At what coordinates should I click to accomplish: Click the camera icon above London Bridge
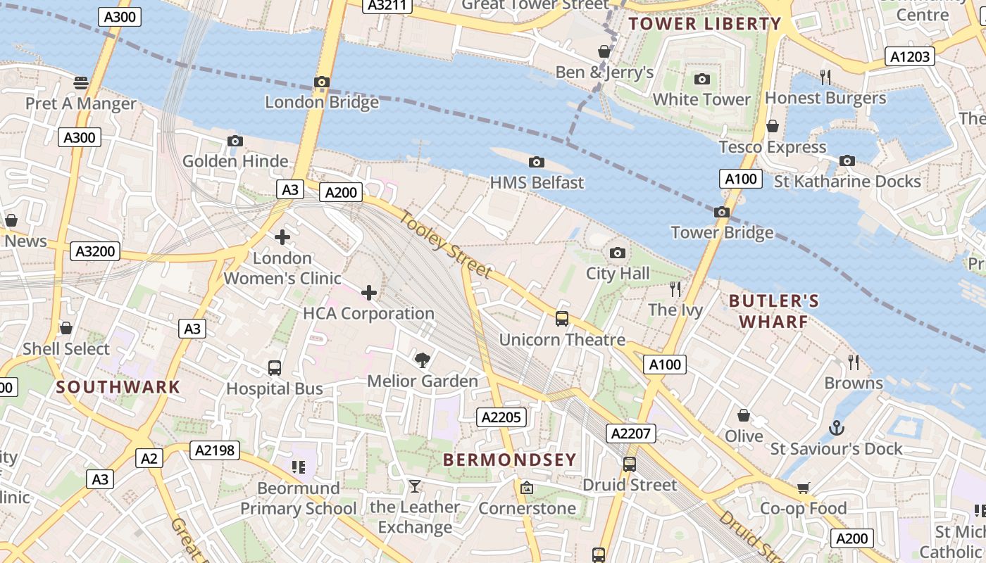[x=322, y=82]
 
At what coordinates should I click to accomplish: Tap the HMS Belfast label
[x=537, y=182]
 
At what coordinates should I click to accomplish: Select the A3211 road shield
[x=387, y=6]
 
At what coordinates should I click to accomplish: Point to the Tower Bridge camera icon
[x=721, y=212]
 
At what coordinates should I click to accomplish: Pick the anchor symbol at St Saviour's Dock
[x=836, y=427]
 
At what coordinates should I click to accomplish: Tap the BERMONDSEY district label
[x=509, y=460]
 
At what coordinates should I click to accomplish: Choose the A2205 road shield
[x=501, y=417]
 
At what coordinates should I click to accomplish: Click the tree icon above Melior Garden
[x=422, y=360]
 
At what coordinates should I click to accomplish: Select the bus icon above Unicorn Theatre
[x=561, y=319]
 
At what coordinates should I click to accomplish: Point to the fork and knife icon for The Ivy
[x=675, y=289]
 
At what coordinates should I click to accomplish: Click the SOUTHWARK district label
[x=118, y=386]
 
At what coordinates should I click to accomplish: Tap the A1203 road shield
[x=910, y=56]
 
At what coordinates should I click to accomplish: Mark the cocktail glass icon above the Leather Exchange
[x=414, y=486]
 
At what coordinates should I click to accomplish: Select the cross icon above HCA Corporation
[x=368, y=293]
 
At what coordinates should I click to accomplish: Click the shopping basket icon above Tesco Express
[x=772, y=126]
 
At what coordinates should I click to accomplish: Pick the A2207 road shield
[x=630, y=434]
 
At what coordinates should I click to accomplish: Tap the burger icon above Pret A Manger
[x=81, y=82]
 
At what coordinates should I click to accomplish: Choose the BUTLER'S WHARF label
[x=773, y=311]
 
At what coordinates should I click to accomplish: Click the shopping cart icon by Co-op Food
[x=803, y=488]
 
